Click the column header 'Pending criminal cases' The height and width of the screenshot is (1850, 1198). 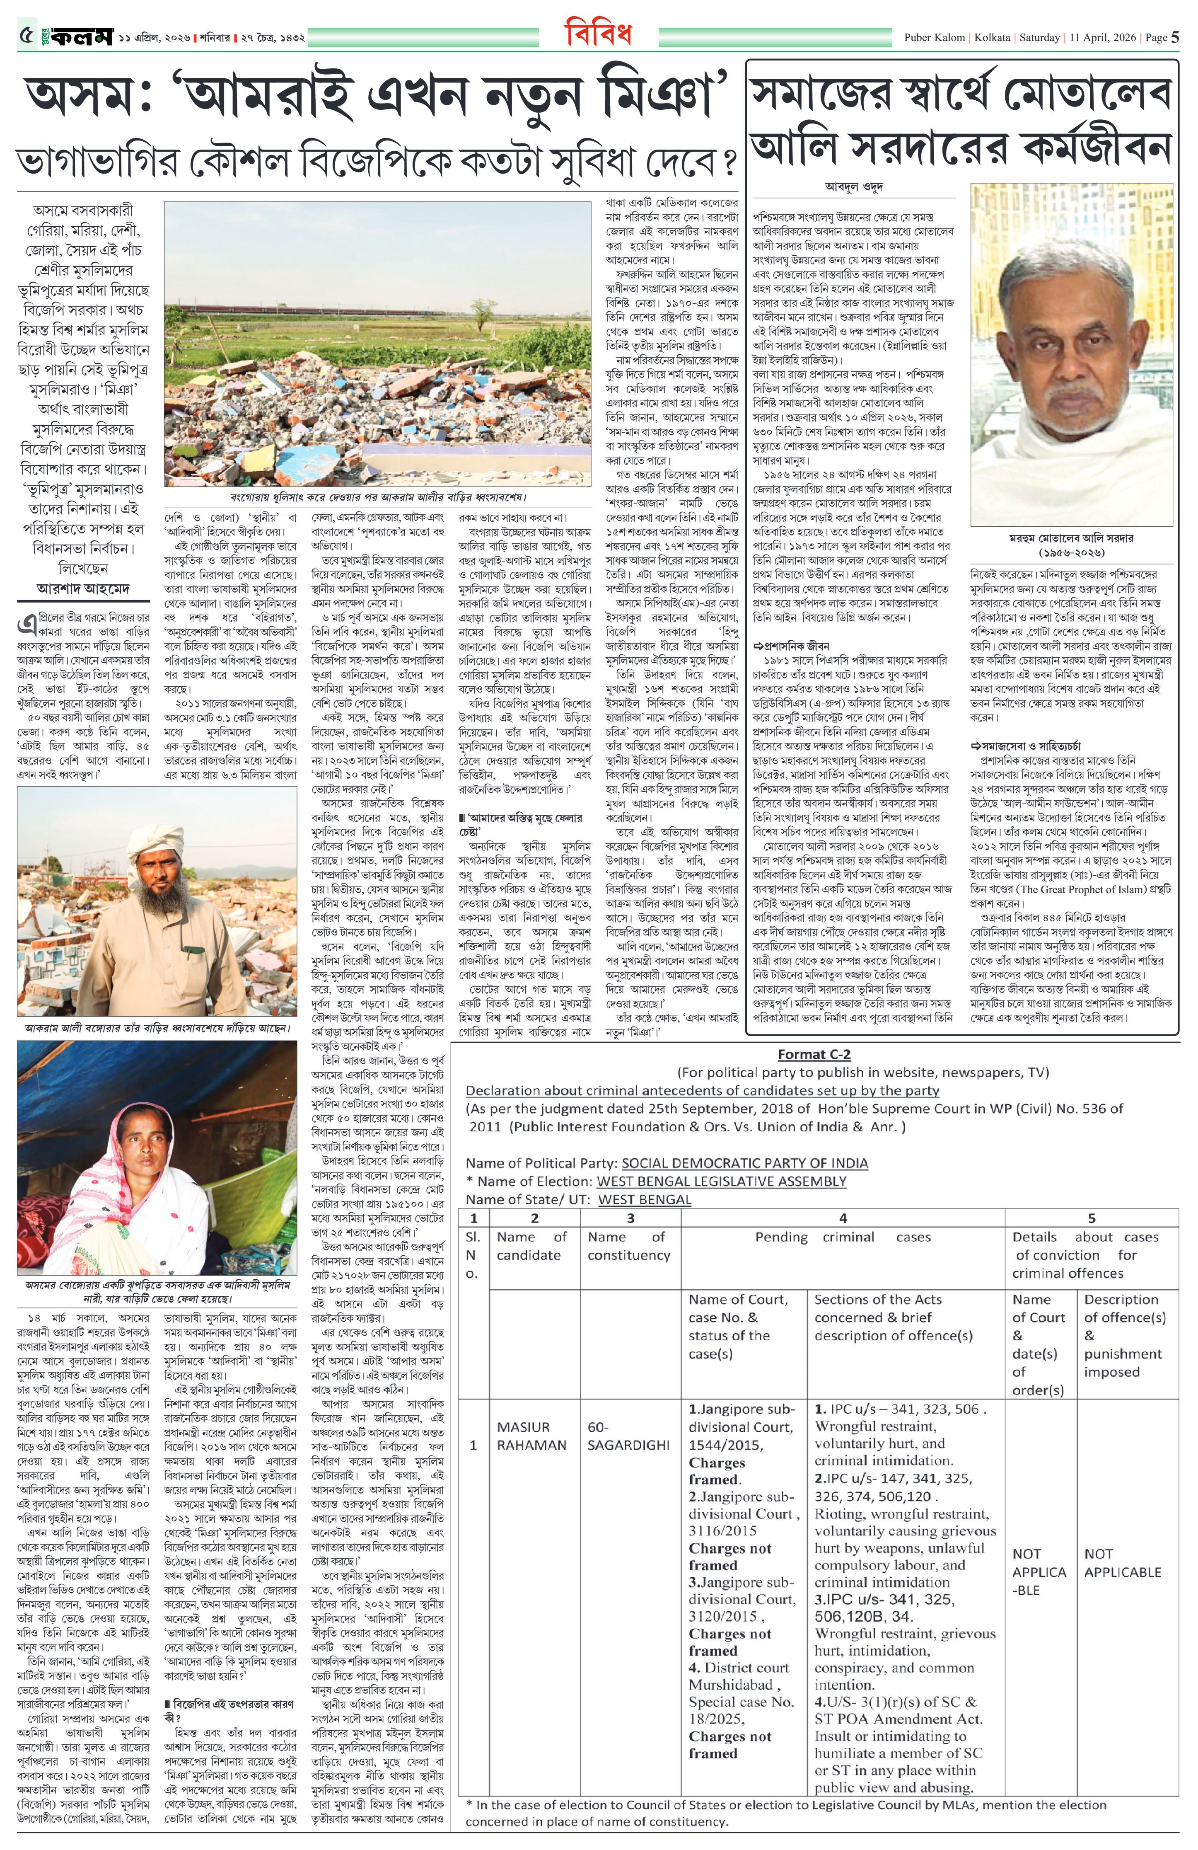(x=842, y=1237)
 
